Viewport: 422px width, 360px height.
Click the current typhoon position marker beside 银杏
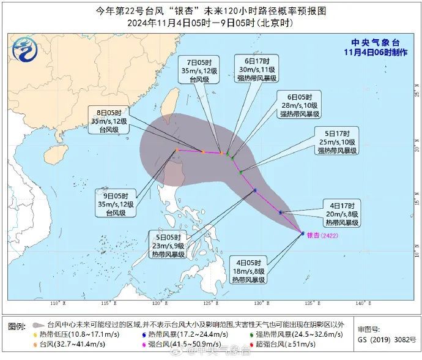(302, 233)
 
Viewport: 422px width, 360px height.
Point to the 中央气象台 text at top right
(375, 42)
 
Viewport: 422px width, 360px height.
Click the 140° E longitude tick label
(360, 304)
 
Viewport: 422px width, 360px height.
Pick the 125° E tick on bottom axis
(209, 304)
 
